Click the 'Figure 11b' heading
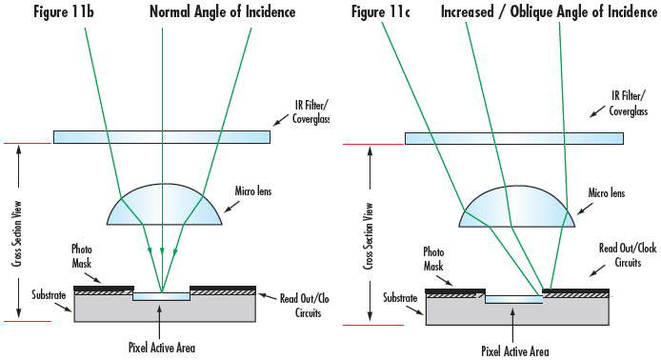64,11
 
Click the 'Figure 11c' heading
381,11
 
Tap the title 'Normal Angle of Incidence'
223,11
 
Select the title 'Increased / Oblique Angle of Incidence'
549,11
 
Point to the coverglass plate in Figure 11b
162,137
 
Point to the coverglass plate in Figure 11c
514,138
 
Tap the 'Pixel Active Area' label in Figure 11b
162,348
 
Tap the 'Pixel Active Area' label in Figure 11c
515,351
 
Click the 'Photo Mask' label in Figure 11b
82,256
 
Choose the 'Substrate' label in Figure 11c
400,298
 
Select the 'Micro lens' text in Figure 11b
253,191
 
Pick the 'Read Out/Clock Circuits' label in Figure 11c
628,255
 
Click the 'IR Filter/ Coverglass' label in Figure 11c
628,103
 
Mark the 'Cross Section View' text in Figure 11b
17,233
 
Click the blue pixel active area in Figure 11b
162,296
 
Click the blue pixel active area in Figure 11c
514,299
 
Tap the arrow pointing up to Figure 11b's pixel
159,322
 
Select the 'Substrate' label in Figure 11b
49,294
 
